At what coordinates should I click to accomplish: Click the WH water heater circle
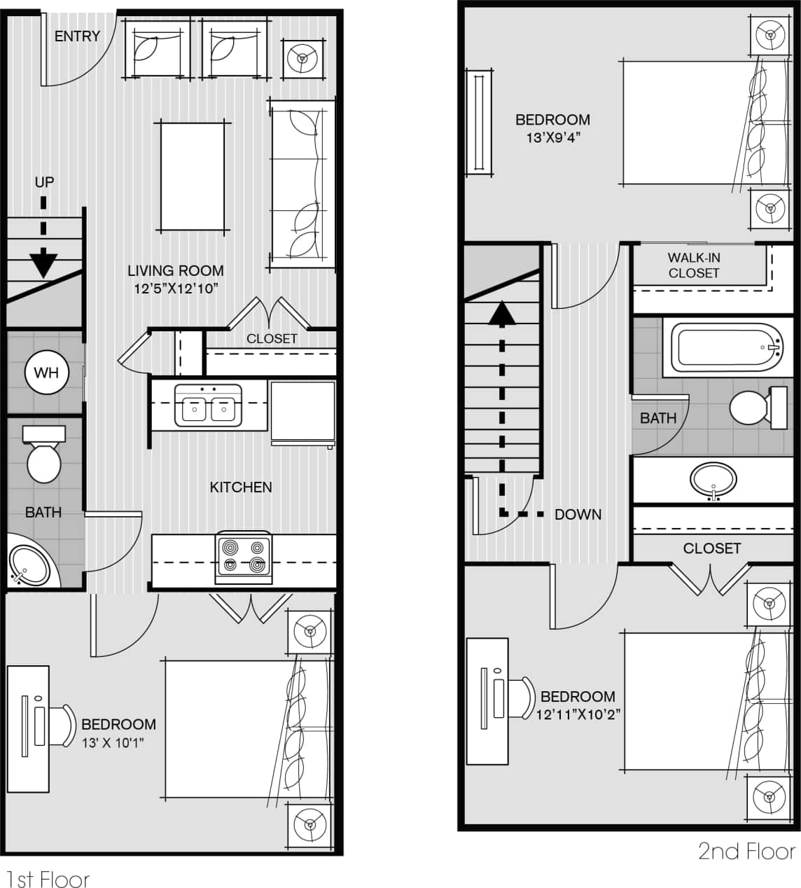point(46,373)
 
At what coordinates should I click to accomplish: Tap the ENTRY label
point(77,36)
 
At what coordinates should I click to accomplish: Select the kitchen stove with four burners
point(244,557)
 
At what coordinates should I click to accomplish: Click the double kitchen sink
point(208,405)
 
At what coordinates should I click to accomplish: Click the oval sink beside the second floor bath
point(713,480)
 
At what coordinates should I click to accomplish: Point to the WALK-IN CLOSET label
point(693,265)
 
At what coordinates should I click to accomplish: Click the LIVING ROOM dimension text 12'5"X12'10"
point(176,288)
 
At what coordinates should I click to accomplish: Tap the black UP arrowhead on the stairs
point(43,264)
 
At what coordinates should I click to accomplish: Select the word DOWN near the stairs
point(578,515)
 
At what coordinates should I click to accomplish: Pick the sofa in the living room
point(301,184)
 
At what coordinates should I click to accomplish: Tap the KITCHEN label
point(241,487)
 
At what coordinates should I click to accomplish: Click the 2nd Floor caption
point(746,852)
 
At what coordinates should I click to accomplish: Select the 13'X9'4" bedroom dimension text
point(553,138)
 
